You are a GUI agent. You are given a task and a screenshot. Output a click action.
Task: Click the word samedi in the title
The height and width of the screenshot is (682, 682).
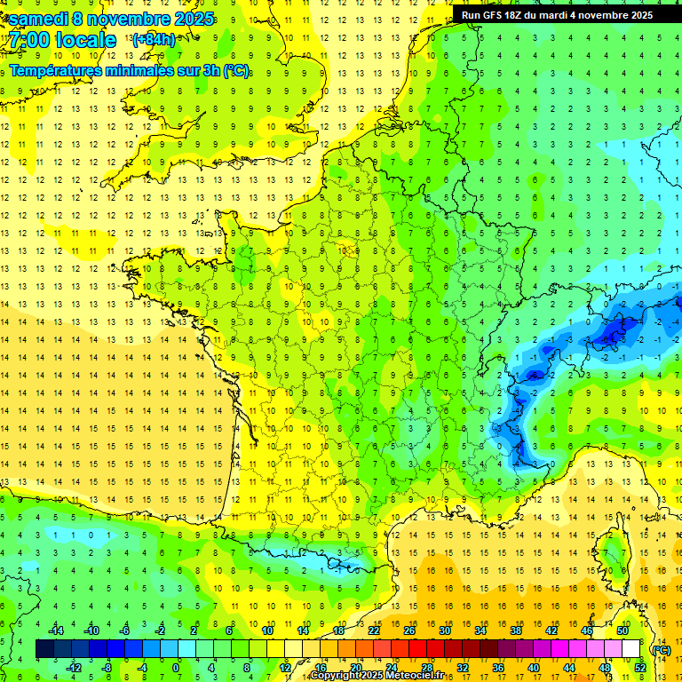pos(37,19)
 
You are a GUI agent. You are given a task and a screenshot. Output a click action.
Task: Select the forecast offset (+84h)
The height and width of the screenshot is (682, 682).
pos(154,39)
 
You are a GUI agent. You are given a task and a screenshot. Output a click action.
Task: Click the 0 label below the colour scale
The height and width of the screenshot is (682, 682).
pos(175,668)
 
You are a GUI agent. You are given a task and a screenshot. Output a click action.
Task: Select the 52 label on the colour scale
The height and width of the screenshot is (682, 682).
pos(639,668)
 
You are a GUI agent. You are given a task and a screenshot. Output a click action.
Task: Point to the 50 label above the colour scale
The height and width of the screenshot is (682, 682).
pos(622,630)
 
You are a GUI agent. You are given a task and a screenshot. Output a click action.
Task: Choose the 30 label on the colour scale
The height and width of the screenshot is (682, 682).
pos(444,630)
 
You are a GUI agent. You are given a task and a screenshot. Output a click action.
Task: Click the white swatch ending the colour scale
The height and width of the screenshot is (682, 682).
pos(630,649)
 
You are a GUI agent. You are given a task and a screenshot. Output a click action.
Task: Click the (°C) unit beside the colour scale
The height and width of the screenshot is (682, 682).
pos(660,650)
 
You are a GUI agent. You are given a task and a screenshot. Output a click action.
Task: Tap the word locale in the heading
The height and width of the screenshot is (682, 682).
pos(84,40)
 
